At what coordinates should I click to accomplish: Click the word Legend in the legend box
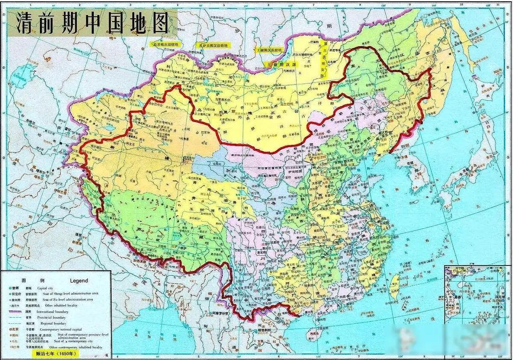(x=79, y=281)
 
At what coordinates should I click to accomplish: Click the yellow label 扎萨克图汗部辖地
(x=212, y=45)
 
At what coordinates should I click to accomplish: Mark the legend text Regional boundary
(x=53, y=324)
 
